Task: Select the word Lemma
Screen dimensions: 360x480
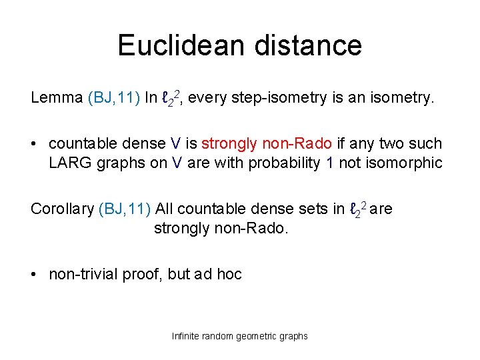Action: [57, 98]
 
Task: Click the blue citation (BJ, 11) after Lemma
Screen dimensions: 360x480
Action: [113, 98]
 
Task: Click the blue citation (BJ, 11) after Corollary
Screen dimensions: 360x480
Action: [126, 209]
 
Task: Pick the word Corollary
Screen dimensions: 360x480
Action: [62, 209]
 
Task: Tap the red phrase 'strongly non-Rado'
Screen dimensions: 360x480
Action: [266, 143]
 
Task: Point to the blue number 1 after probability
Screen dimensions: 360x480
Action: [330, 163]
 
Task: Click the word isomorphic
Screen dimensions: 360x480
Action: [405, 163]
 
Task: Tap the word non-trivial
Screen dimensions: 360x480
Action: [83, 274]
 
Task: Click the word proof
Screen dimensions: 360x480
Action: [141, 274]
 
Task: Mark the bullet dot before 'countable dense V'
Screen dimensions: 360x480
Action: [35, 144]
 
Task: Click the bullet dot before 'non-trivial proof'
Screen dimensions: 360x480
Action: [35, 275]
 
